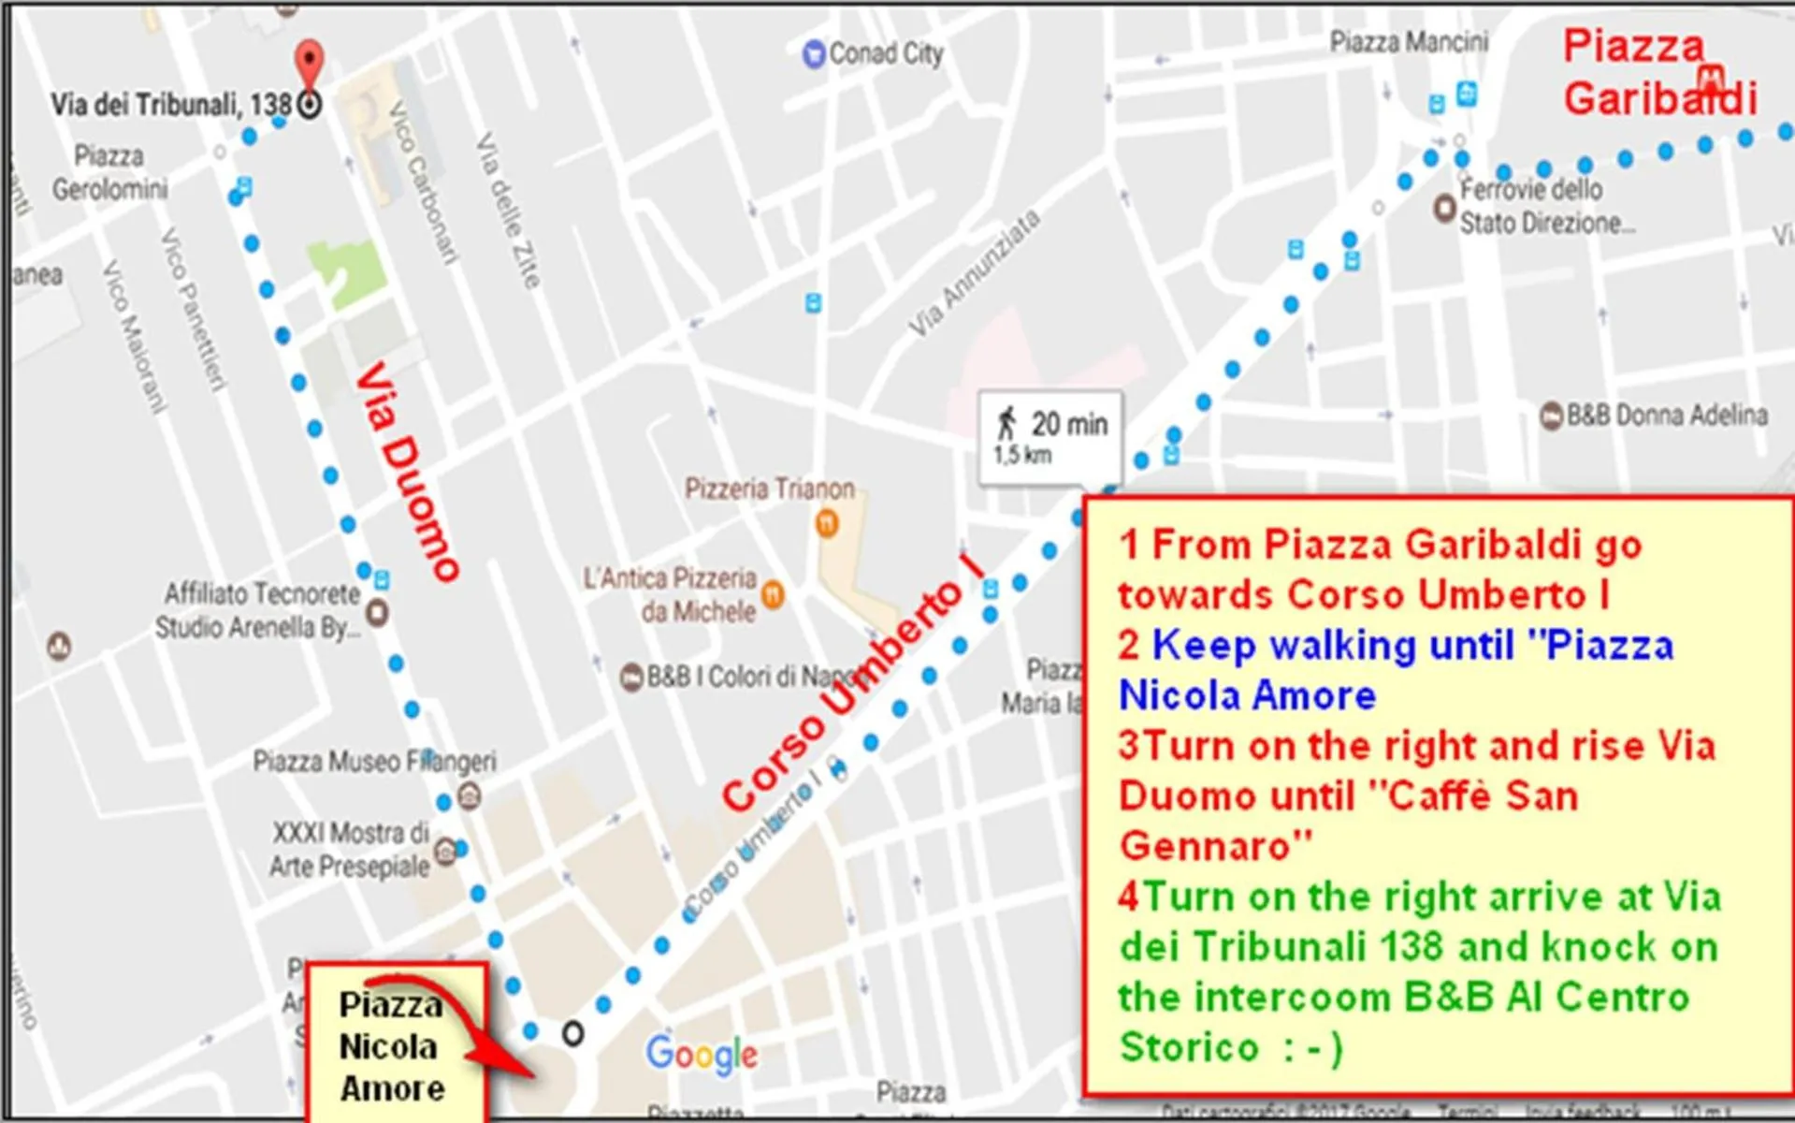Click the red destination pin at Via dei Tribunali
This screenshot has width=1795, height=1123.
click(x=310, y=64)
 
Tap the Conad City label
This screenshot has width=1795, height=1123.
click(x=885, y=53)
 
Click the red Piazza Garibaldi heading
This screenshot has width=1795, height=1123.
click(x=1658, y=73)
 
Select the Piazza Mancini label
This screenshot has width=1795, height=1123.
click(x=1408, y=42)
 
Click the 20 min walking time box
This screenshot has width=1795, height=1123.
click(x=1049, y=437)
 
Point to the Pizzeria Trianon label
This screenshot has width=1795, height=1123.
click(x=769, y=489)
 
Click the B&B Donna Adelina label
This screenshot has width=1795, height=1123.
click(x=1666, y=415)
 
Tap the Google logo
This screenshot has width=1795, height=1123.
click(x=702, y=1055)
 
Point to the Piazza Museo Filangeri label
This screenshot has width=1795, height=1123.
click(x=374, y=762)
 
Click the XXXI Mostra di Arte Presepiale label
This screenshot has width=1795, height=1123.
click(x=351, y=849)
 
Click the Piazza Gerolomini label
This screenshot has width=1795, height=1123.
click(x=109, y=172)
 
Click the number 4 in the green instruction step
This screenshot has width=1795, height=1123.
click(x=1129, y=897)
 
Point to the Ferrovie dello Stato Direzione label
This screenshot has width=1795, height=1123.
click(x=1545, y=207)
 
